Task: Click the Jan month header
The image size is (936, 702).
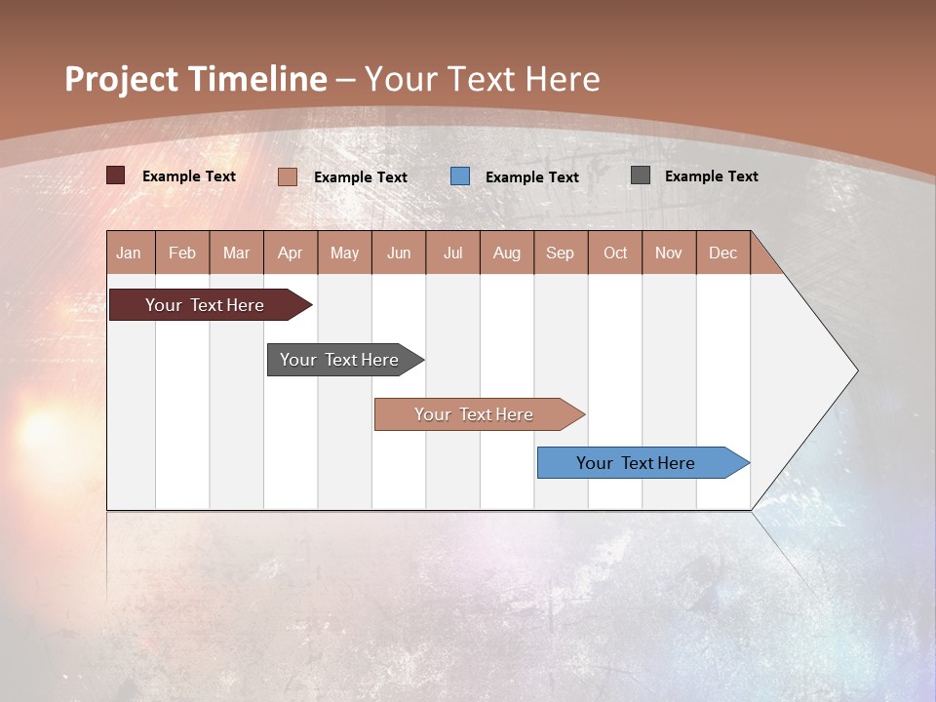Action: pos(130,253)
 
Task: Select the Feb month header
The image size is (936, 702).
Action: pos(182,253)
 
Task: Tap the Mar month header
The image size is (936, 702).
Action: pos(236,253)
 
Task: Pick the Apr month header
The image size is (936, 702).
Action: pos(291,253)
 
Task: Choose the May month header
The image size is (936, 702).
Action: pos(344,253)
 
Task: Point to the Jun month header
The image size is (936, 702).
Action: pos(399,253)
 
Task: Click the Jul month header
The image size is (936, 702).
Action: pos(452,253)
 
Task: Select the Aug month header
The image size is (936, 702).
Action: pos(507,253)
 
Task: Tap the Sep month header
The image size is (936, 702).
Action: pos(561,253)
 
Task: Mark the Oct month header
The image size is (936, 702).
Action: pos(615,253)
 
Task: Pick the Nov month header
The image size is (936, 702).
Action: pos(669,253)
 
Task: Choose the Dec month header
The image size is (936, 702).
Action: pos(723,253)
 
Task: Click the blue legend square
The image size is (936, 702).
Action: pos(460,175)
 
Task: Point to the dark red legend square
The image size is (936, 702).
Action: pos(116,175)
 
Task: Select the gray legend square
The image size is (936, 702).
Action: pos(641,175)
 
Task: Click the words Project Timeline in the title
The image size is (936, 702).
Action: pos(196,79)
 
